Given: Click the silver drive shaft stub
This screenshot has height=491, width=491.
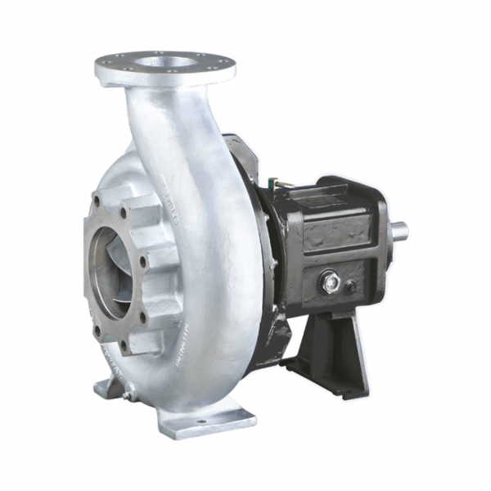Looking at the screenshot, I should [x=400, y=231].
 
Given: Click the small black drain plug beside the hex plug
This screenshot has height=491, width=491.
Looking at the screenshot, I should [x=351, y=286].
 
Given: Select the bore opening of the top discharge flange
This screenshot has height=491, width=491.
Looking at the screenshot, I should [x=164, y=62].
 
